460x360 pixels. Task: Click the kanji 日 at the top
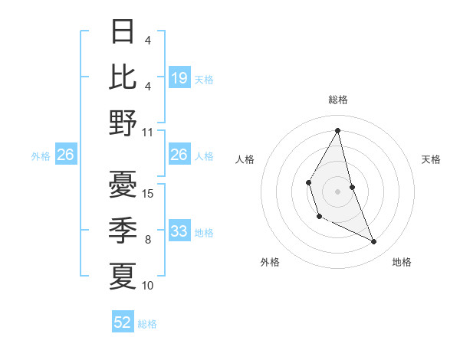[123, 31]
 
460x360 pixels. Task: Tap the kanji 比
[123, 76]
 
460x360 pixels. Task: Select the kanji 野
[123, 122]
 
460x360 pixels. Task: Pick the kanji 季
[123, 230]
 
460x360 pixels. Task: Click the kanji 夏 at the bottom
[123, 275]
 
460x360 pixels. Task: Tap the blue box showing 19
[179, 77]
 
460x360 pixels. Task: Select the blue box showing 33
[179, 231]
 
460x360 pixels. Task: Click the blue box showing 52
[123, 322]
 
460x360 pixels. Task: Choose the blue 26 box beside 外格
[66, 155]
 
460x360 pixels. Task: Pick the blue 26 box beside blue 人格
[179, 155]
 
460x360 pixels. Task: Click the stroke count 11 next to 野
[148, 132]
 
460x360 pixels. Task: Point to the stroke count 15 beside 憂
[148, 194]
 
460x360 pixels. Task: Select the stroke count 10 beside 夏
[148, 286]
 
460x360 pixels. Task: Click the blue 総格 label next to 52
[147, 324]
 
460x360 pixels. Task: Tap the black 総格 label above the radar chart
[337, 100]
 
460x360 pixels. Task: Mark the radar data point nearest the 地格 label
[374, 242]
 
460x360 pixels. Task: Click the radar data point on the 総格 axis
[337, 129]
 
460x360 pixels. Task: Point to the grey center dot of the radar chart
[337, 190]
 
